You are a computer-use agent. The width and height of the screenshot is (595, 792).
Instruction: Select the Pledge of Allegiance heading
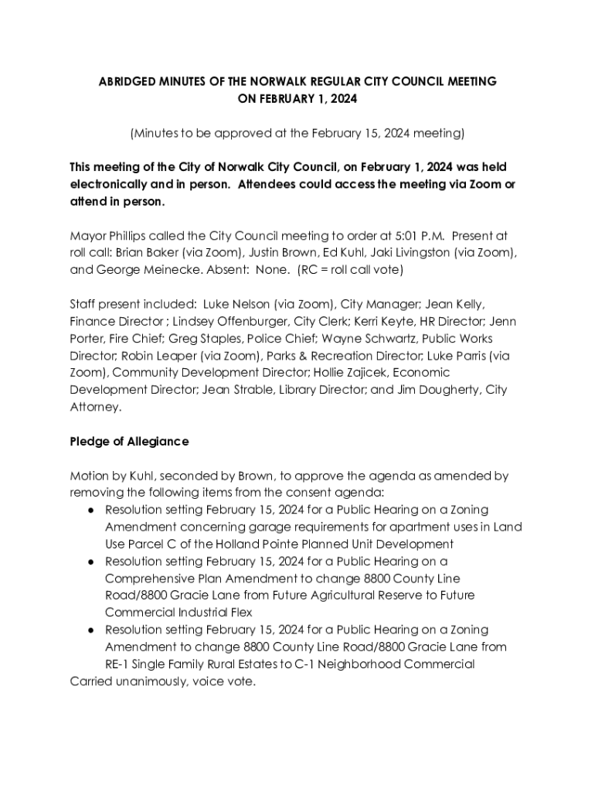click(x=129, y=442)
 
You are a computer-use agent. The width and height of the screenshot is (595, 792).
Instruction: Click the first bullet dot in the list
click(x=91, y=510)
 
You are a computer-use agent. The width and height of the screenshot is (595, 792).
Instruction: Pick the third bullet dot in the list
click(x=91, y=630)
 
